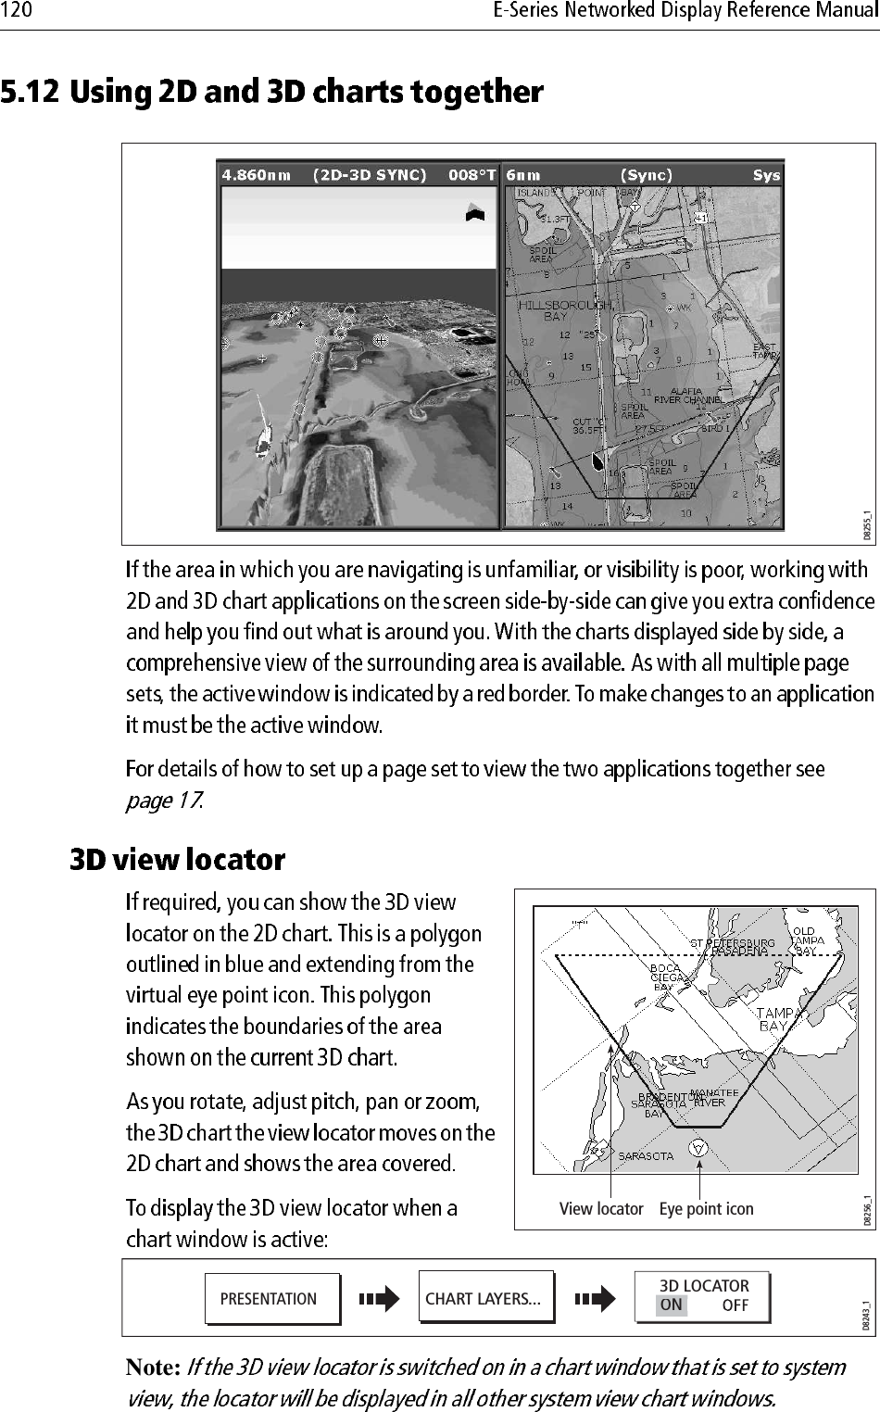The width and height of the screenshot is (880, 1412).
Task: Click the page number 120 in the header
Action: (17, 11)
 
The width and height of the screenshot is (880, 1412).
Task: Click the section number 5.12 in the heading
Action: (31, 93)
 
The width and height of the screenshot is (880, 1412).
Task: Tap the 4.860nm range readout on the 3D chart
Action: (256, 175)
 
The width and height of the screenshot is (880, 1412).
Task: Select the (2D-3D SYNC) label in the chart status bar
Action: (370, 175)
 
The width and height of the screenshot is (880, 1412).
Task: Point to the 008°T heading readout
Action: (471, 175)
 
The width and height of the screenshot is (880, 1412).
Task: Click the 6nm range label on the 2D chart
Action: (523, 175)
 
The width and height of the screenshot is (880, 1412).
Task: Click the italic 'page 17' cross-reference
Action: (163, 801)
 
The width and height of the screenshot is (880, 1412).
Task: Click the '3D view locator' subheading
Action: (178, 861)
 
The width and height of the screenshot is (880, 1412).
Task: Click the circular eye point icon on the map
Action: (699, 1148)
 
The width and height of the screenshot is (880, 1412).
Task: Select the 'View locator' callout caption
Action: (600, 1209)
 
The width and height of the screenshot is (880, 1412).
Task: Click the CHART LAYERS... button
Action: (483, 1299)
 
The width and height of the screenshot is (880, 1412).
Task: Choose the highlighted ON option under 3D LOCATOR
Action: (672, 1305)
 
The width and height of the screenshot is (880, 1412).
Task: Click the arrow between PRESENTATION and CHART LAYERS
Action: (379, 1299)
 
